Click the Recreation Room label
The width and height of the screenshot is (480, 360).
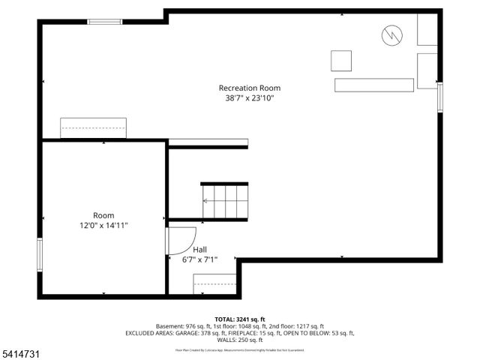pyautogui.click(x=249, y=88)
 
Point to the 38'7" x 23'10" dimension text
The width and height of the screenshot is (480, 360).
pyautogui.click(x=249, y=98)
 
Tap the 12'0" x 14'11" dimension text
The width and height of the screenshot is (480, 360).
pyautogui.click(x=103, y=225)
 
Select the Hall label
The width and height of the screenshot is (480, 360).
pyautogui.click(x=199, y=250)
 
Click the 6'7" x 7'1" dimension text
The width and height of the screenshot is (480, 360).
pyautogui.click(x=199, y=260)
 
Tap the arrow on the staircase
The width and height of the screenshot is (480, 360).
pyautogui.click(x=207, y=201)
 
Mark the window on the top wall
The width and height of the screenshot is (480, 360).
pyautogui.click(x=105, y=22)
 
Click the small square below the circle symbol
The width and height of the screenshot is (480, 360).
pyautogui.click(x=341, y=60)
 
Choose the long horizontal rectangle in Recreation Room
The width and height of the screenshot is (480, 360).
pyautogui.click(x=373, y=84)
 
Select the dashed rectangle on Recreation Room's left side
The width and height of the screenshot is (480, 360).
pyautogui.click(x=93, y=127)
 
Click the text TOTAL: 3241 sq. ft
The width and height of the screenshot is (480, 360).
pyautogui.click(x=239, y=319)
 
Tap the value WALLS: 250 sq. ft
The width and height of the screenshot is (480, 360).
pyautogui.click(x=240, y=340)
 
